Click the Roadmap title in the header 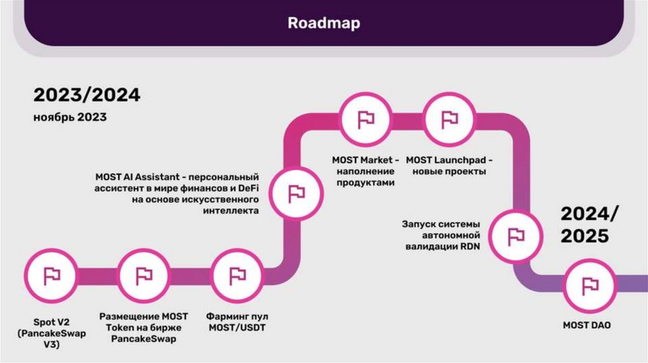(x=323, y=23)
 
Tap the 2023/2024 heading (x=87, y=95)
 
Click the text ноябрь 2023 (x=70, y=118)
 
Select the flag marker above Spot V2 (x=51, y=276)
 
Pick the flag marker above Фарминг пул (x=237, y=276)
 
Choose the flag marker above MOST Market (x=366, y=119)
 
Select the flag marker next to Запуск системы (x=516, y=236)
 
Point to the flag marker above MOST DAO (x=590, y=285)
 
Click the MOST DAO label (x=587, y=325)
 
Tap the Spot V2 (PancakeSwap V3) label (x=51, y=333)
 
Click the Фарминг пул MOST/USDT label (x=237, y=321)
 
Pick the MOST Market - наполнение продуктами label (x=366, y=171)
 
